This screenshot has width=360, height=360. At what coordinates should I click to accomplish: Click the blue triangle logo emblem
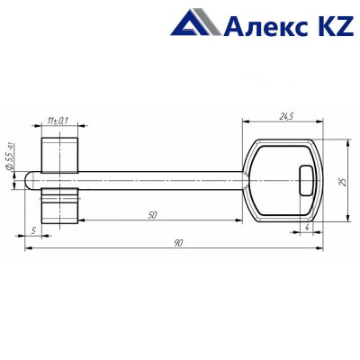(196, 22)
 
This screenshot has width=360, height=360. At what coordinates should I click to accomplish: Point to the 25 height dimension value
(343, 181)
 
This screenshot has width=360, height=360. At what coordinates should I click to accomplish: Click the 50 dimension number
(153, 215)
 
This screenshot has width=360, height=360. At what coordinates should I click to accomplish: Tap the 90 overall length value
(178, 243)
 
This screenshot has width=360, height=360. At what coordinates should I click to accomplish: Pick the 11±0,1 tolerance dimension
(58, 121)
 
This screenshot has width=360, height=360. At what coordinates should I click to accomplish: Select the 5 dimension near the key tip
(33, 230)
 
